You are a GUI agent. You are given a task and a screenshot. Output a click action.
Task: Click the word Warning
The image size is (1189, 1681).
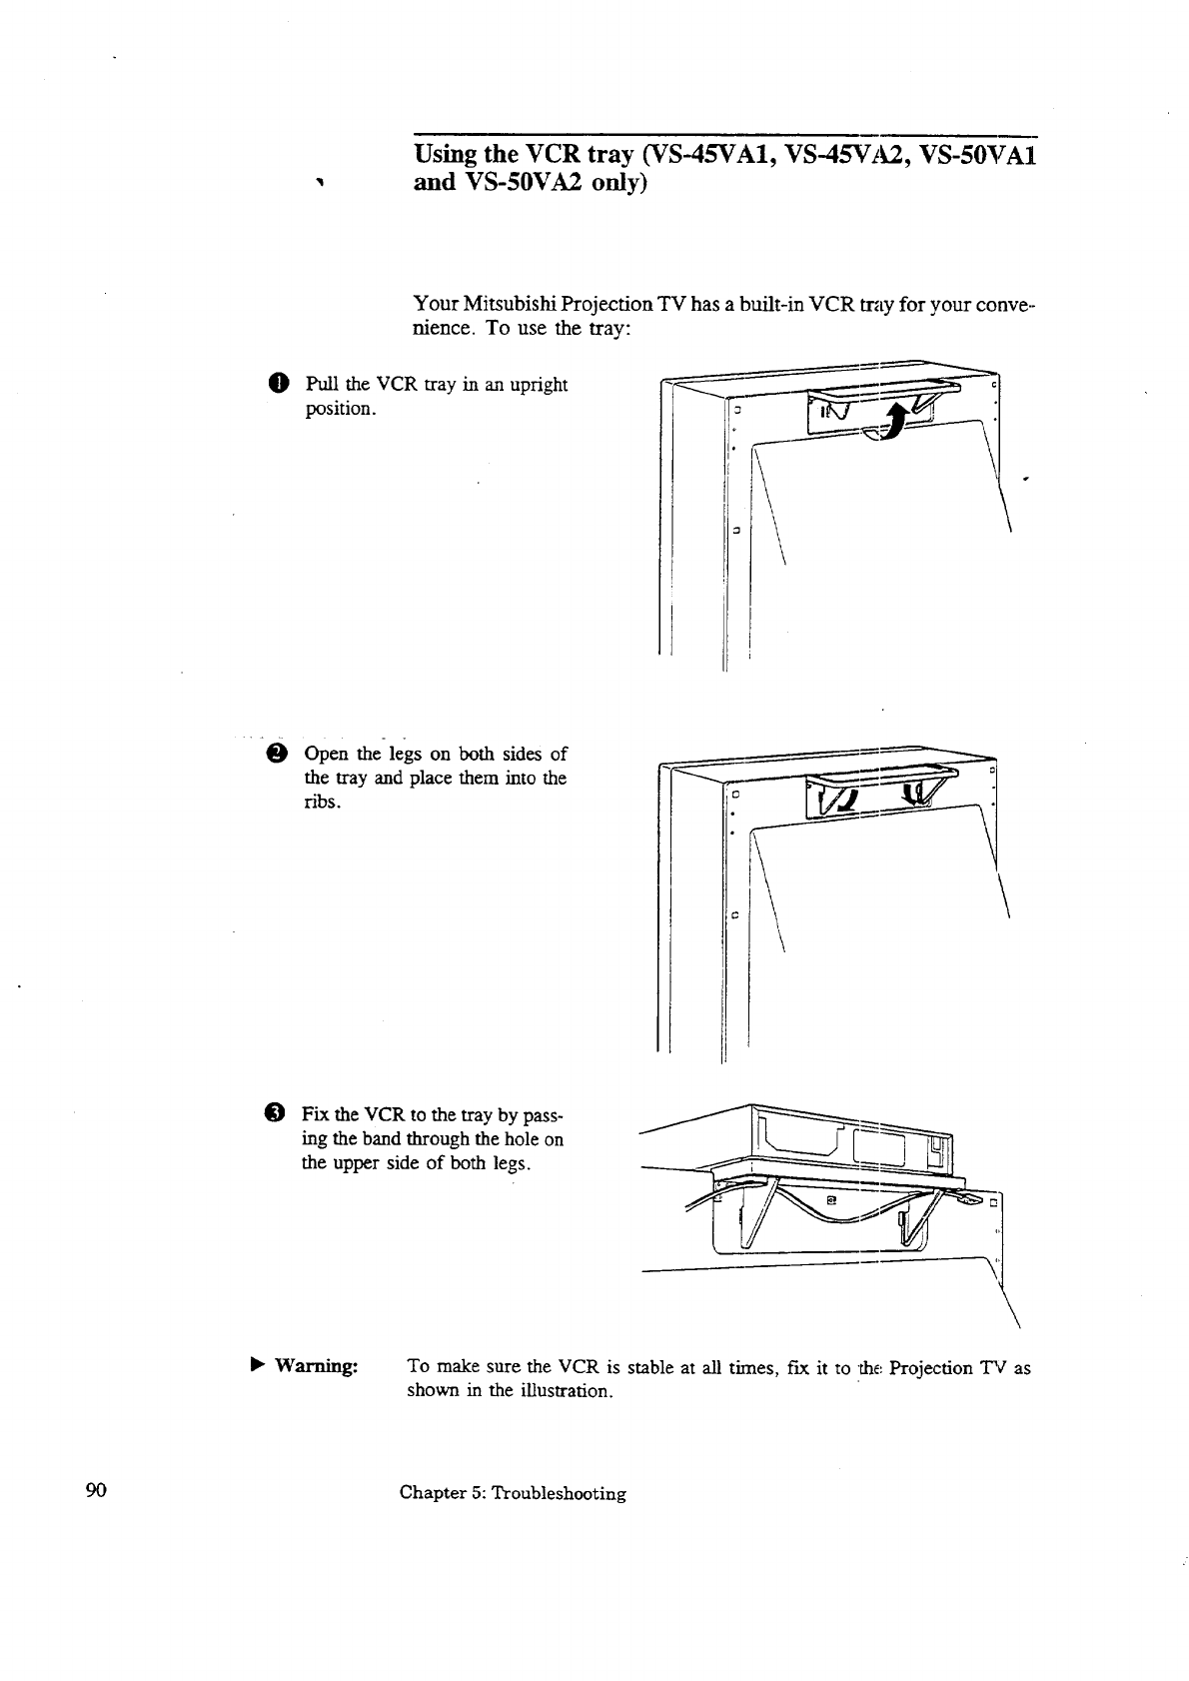pos(316,1366)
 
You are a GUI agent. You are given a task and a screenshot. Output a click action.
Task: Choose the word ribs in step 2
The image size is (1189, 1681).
pos(321,803)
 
